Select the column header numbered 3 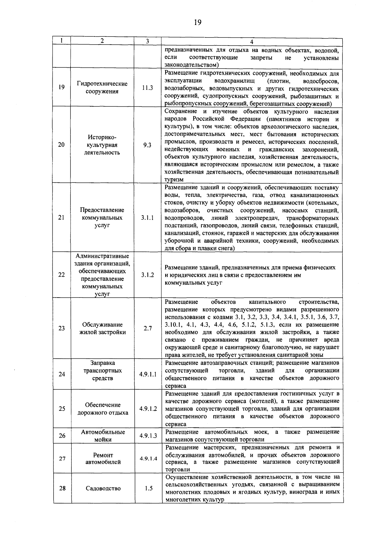coord(147,41)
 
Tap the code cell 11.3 coord(147,88)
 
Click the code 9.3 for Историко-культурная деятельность coord(147,145)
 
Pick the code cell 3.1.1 coord(147,218)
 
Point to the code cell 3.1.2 coord(147,275)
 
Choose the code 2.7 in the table coord(148,328)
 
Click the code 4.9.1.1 coord(148,374)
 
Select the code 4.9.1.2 coord(148,409)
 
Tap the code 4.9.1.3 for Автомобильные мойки coord(148,436)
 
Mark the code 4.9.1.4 coord(148,459)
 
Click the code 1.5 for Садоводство coord(148,488)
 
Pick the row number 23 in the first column coord(62,328)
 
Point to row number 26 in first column coord(62,436)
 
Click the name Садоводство coord(103,488)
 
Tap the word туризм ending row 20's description coord(174,180)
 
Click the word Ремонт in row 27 coord(103,455)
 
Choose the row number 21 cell coord(61,218)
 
